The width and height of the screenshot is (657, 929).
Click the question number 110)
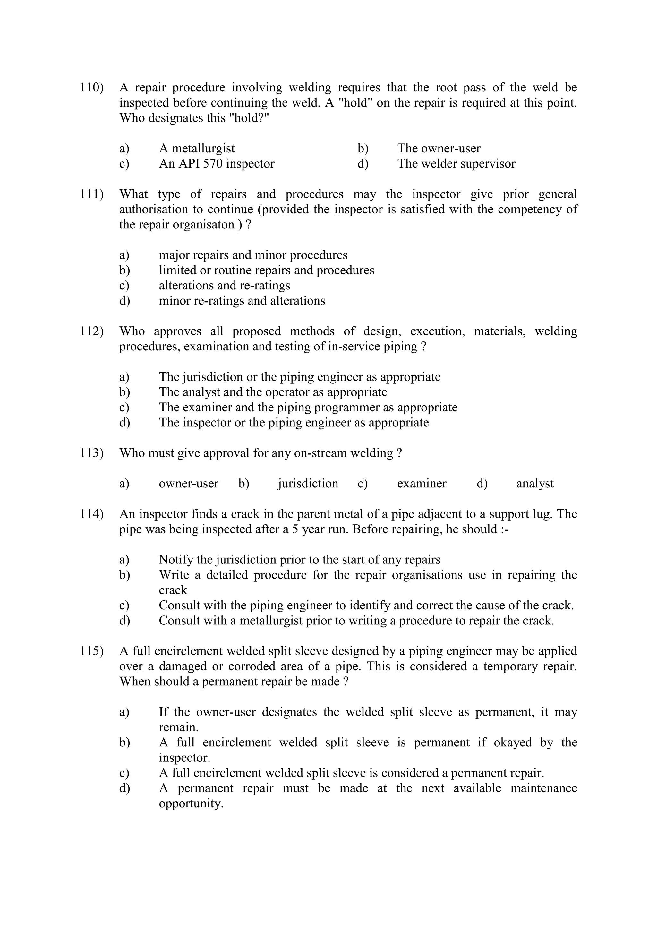(91, 87)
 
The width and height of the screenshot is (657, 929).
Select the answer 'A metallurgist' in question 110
(197, 149)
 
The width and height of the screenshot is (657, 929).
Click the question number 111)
(91, 194)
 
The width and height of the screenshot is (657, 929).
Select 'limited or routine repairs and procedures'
(266, 270)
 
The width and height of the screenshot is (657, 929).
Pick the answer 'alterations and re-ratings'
(224, 286)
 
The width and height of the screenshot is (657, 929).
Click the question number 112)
(91, 331)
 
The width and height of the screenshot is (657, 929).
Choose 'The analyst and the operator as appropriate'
(273, 392)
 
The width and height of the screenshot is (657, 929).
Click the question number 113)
(91, 453)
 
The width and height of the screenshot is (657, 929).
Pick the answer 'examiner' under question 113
(422, 484)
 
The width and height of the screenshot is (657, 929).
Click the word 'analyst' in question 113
(534, 484)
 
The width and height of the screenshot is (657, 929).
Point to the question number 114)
(91, 514)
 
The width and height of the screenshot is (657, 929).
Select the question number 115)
(91, 651)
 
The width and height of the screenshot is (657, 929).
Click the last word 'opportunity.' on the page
(191, 804)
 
